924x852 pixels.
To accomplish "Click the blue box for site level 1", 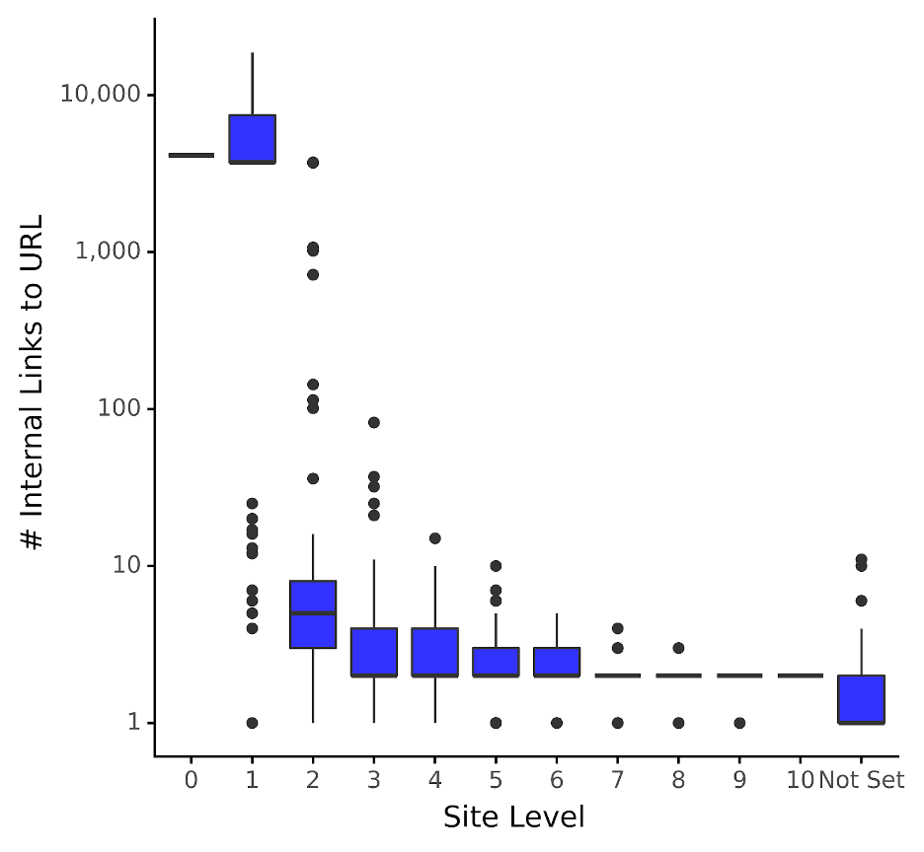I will [252, 138].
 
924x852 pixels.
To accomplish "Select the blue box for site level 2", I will [313, 614].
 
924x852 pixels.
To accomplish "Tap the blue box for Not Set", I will [862, 699].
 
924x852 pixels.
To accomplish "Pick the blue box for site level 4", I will [435, 652].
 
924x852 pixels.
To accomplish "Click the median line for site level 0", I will [191, 155].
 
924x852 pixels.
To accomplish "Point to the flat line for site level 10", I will [801, 675].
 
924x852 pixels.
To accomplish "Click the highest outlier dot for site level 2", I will [313, 163].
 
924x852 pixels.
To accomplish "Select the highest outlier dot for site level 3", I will [374, 422].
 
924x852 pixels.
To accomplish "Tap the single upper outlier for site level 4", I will [435, 538].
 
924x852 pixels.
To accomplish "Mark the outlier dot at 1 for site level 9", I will [739, 723].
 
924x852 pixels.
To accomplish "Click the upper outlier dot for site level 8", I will [678, 648].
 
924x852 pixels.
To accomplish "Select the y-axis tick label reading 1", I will [133, 723].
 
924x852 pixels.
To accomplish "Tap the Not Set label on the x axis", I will [861, 780].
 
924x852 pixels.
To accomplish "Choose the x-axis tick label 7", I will [617, 780].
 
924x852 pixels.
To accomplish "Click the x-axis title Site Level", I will [513, 817].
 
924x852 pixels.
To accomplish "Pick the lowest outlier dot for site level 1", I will [252, 723].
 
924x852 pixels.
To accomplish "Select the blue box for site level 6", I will [557, 662].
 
